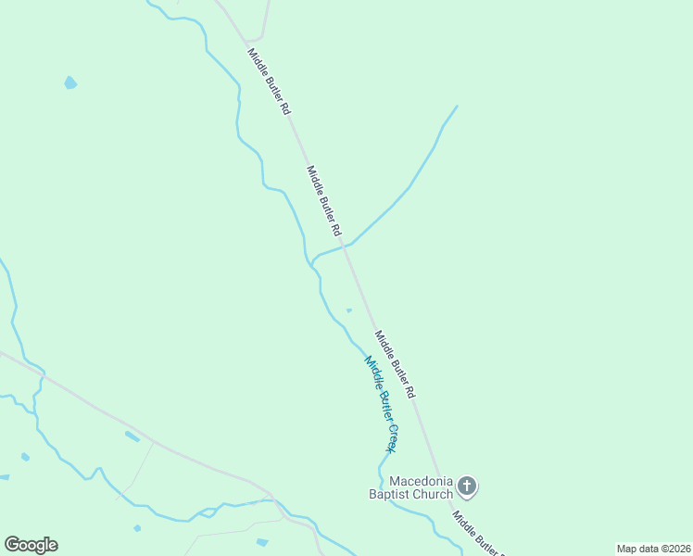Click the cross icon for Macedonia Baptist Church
tap(468, 485)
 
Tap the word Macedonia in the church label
tap(422, 481)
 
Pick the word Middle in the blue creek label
tap(371, 369)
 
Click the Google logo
tap(31, 545)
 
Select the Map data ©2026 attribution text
tap(652, 549)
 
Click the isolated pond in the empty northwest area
tap(69, 82)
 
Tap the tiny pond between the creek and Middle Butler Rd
tap(348, 310)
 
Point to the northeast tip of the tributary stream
tap(457, 106)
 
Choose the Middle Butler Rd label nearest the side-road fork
tap(269, 82)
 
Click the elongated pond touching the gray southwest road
tap(132, 436)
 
